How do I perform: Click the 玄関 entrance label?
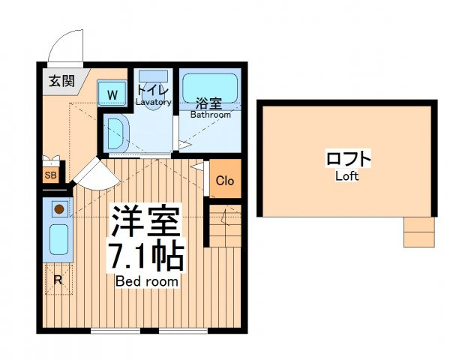click(x=61, y=81)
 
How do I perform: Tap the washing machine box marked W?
click(x=112, y=93)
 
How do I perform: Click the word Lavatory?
click(x=154, y=102)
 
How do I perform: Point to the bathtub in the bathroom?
click(x=210, y=88)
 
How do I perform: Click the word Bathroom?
click(x=211, y=115)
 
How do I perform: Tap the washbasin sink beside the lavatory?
click(x=117, y=133)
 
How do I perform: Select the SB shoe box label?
click(x=50, y=175)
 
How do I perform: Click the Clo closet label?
click(x=225, y=181)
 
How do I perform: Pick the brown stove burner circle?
click(x=59, y=208)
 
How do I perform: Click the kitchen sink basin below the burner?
click(x=58, y=239)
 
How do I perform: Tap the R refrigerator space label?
click(x=58, y=280)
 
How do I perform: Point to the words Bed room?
click(x=147, y=282)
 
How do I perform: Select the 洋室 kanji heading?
click(x=146, y=221)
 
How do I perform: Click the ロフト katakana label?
click(x=348, y=158)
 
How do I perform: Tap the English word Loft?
click(x=347, y=176)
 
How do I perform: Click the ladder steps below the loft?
click(x=419, y=232)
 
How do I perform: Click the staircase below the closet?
click(x=225, y=226)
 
